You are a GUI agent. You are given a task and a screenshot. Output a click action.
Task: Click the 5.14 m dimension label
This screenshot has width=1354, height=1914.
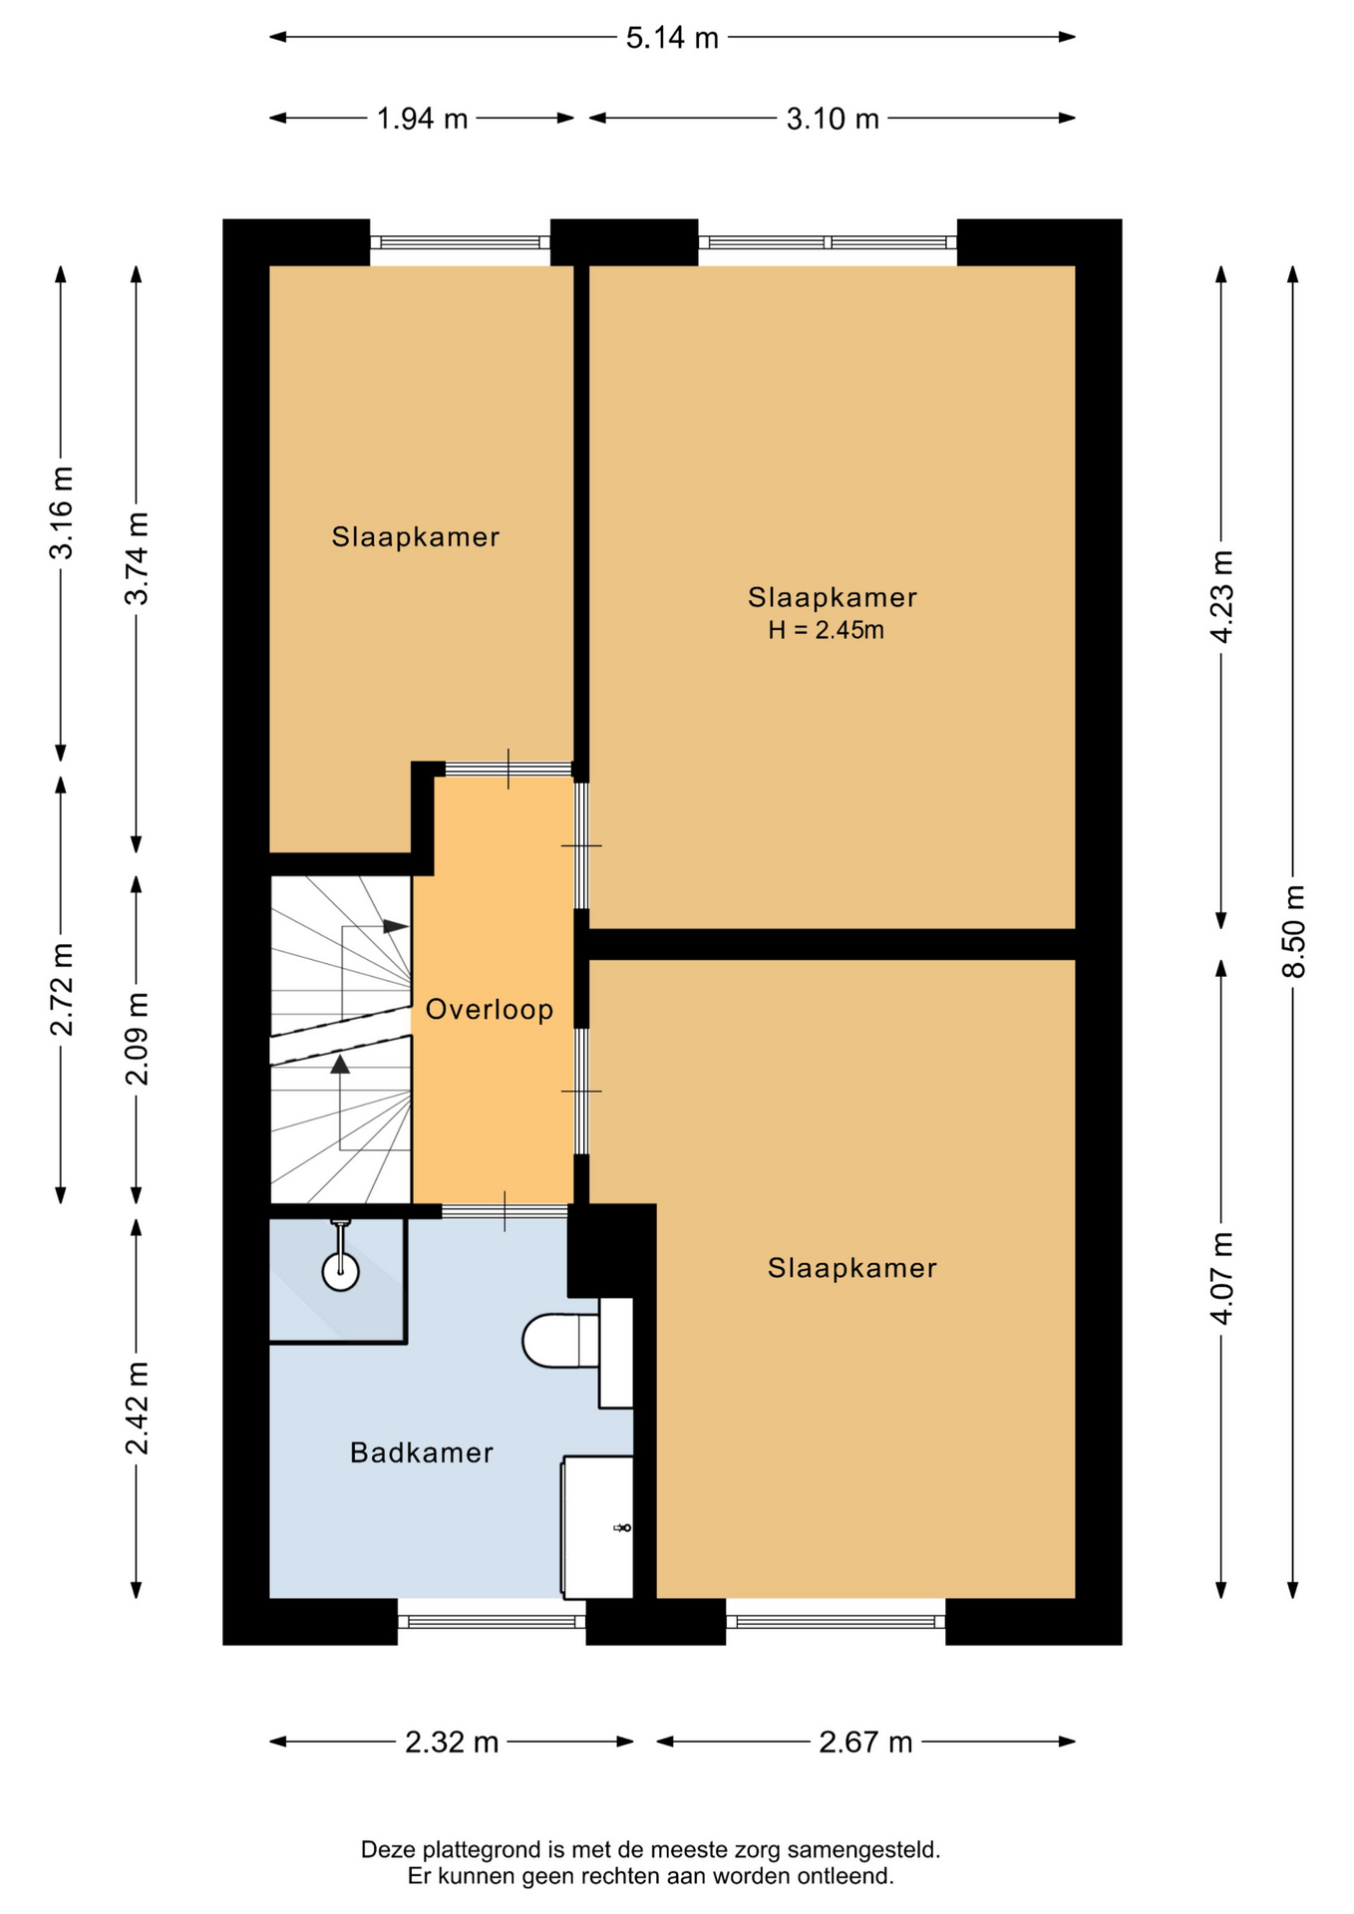tap(672, 38)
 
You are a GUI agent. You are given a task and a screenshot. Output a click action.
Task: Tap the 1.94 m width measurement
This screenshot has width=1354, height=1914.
tap(422, 119)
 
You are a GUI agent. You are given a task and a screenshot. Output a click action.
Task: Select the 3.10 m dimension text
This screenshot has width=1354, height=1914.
tap(833, 119)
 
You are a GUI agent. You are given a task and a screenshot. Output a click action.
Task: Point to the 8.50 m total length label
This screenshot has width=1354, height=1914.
tap(1293, 931)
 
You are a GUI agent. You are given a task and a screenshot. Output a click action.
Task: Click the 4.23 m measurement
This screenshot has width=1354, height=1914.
tap(1221, 596)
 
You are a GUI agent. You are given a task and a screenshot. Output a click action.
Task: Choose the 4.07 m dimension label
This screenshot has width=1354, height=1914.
tap(1221, 1278)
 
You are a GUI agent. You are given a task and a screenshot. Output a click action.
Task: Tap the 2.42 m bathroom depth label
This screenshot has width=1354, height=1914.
tap(137, 1408)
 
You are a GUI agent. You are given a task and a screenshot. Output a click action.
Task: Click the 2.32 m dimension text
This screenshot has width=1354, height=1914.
tap(452, 1742)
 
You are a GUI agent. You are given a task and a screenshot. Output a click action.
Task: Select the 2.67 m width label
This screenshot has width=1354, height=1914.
tap(865, 1742)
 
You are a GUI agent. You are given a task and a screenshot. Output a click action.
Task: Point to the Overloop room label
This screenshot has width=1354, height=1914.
tap(490, 1010)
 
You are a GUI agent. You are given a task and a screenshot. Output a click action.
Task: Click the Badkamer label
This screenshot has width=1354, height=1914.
tap(422, 1452)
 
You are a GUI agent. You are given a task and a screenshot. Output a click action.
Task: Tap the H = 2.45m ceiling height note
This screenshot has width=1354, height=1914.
tap(826, 630)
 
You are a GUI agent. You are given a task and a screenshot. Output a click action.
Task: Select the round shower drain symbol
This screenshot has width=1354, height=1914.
tap(340, 1271)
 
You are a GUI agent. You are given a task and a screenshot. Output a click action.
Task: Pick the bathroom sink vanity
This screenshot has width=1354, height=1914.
tap(597, 1526)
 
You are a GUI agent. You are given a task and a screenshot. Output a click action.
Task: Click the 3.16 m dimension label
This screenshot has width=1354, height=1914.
tap(61, 512)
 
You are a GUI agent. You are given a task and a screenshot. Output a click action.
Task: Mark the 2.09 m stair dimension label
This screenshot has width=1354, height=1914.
tap(137, 1039)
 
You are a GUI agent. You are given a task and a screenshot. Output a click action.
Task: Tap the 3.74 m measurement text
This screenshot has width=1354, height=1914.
tap(137, 558)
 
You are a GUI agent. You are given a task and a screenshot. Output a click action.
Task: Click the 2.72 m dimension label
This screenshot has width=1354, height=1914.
tap(61, 989)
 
